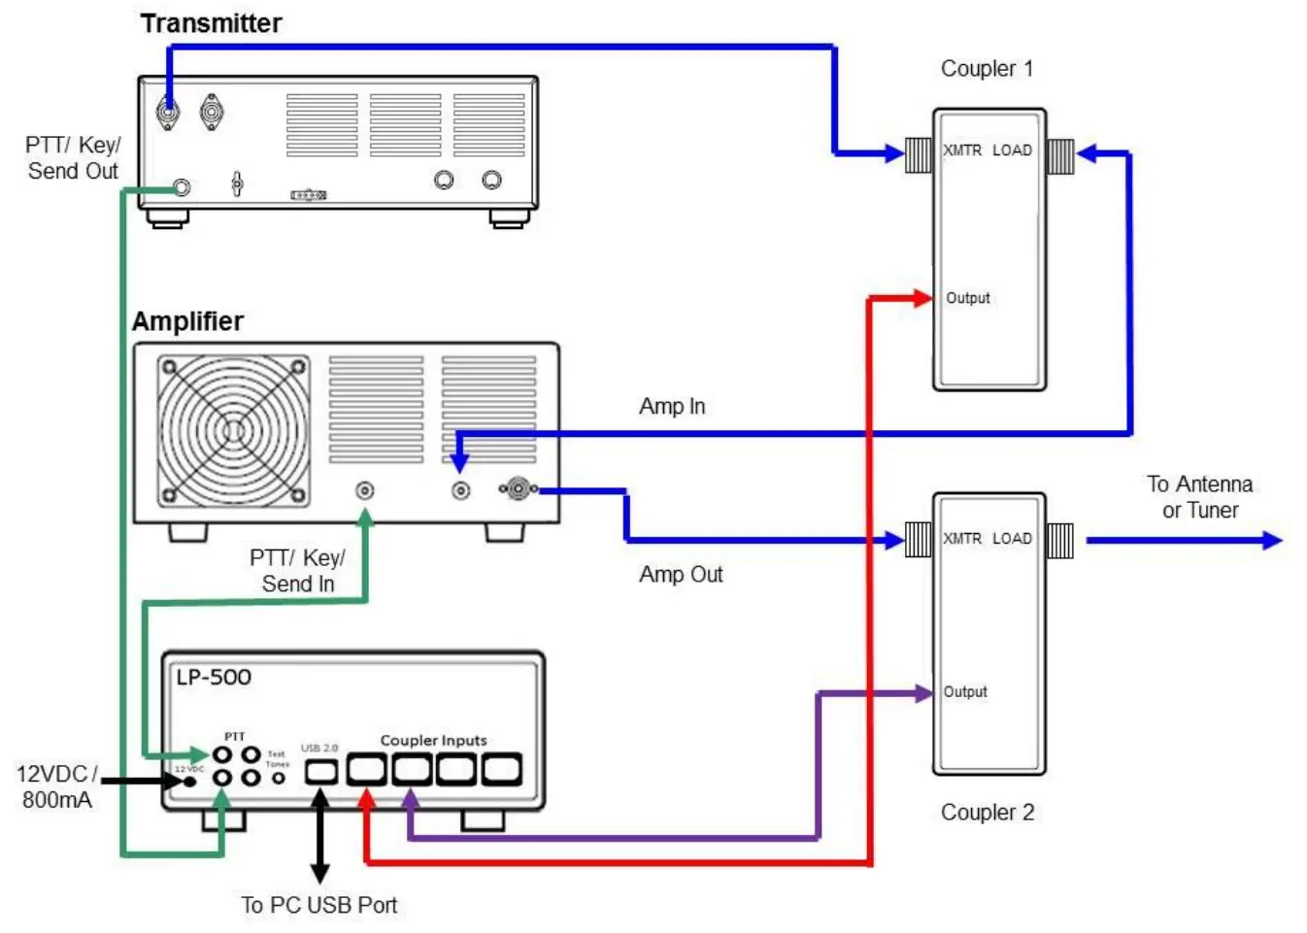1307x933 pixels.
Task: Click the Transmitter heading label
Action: [211, 23]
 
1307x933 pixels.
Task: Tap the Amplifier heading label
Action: [187, 321]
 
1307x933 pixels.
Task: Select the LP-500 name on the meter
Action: [214, 678]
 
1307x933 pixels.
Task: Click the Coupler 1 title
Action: [987, 69]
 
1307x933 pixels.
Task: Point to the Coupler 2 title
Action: [987, 813]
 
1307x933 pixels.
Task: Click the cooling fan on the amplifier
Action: [233, 431]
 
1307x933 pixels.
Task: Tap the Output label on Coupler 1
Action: [968, 298]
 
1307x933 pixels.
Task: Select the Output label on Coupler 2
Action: [965, 692]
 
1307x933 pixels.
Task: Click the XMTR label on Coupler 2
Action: [962, 539]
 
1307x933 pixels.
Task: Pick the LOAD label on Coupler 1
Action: [1012, 150]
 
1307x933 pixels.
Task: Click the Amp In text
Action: [672, 407]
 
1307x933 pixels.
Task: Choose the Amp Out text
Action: [681, 575]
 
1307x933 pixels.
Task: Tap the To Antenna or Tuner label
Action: [1199, 497]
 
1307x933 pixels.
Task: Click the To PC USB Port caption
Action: [319, 906]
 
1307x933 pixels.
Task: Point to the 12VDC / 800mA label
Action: [56, 787]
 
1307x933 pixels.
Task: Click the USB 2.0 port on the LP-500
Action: [321, 772]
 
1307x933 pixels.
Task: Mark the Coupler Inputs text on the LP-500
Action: [433, 741]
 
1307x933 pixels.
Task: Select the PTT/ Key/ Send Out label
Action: [73, 158]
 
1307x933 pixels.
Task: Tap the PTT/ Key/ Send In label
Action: [297, 571]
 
